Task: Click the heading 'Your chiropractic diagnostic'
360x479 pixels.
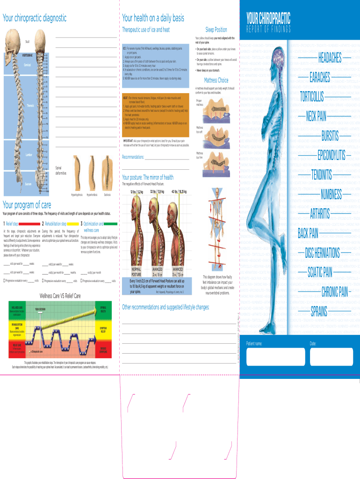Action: [35, 18]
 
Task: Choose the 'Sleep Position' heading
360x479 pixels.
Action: [216, 30]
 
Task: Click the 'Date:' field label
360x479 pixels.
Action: [313, 343]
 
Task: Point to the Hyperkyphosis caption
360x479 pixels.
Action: [77, 194]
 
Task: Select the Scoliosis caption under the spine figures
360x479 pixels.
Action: [108, 194]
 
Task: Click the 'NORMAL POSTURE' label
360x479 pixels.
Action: [136, 272]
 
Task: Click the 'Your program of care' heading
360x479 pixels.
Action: [27, 204]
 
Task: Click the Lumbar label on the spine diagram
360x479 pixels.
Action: [29, 154]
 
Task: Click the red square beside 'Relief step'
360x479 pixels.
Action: [28, 224]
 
